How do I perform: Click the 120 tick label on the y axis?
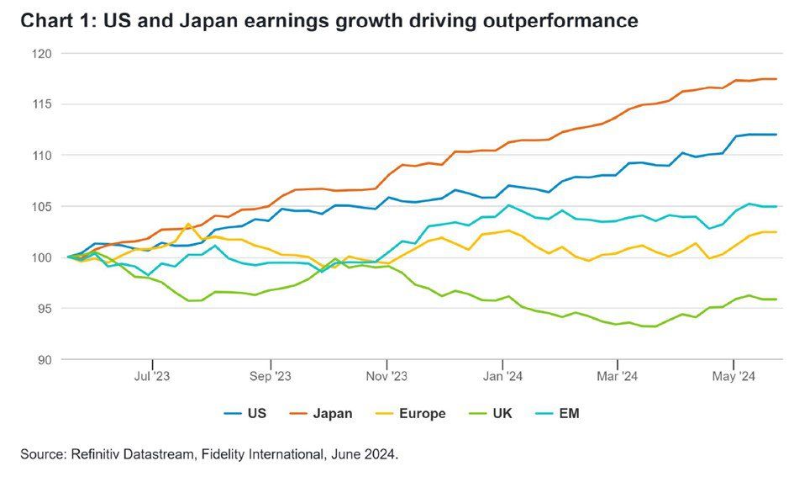tap(42, 54)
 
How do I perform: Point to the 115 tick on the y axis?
tap(42, 104)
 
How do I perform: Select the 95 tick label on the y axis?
tap(45, 309)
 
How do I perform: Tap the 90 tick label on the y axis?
tap(45, 359)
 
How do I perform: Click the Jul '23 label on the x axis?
tap(152, 376)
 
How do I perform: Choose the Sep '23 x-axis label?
tap(271, 376)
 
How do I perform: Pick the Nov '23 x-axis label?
tap(387, 376)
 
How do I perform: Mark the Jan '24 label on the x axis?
tap(504, 376)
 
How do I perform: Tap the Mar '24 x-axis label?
tap(618, 376)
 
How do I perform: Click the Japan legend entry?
tap(333, 413)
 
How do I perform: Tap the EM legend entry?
tap(570, 413)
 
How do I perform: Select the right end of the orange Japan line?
tap(776, 79)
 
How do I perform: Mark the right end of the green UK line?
tap(776, 299)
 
